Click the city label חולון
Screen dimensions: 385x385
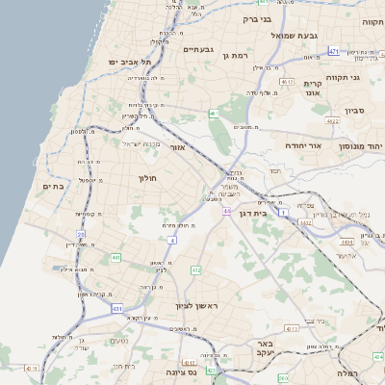(147, 178)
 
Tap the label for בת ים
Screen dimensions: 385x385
(53, 187)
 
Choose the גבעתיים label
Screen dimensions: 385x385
(197, 48)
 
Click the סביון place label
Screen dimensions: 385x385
(357, 111)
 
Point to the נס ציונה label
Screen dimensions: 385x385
(180, 372)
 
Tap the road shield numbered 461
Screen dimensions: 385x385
(214, 115)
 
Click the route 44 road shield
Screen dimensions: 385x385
(227, 210)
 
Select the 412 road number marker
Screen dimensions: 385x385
(196, 270)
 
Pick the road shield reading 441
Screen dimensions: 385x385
(115, 258)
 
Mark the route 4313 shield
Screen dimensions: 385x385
(292, 328)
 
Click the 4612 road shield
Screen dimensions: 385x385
(287, 83)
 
